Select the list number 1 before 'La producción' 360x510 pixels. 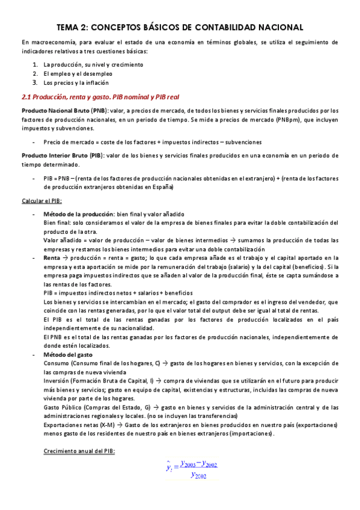click(35, 64)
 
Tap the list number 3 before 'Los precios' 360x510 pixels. click(35, 82)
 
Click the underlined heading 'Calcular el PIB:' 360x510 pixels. click(41, 200)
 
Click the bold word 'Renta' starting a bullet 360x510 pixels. click(52, 258)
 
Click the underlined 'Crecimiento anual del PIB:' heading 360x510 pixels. click(80, 451)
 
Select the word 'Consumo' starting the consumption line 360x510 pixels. click(56, 364)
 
